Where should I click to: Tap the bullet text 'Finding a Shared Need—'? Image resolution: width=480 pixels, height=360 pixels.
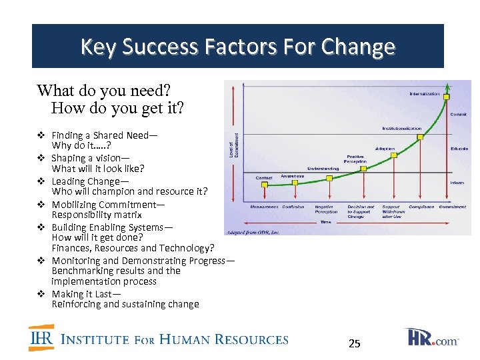pos(105,135)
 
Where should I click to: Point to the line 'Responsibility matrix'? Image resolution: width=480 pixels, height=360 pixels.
pos(97,215)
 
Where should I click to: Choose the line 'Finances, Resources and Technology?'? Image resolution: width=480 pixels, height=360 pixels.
pos(133,248)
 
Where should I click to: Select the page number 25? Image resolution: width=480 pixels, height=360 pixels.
pos(355,344)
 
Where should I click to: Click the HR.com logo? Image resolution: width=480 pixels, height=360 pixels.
pos(433,337)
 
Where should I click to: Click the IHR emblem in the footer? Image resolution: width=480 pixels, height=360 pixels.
pos(41,338)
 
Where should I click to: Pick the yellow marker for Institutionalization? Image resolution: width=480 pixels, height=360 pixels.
pos(419,137)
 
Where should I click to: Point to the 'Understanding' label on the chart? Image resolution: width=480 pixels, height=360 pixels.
pos(323,169)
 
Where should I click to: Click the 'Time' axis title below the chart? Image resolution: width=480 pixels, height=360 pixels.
pos(325,221)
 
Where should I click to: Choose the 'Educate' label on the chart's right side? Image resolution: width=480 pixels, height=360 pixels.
pos(459,148)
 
